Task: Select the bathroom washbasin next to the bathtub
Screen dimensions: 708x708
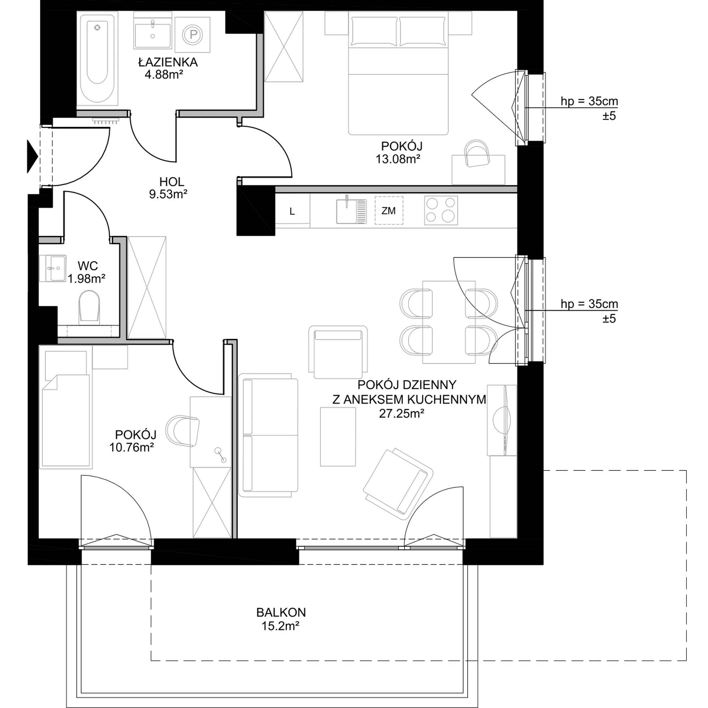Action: pyautogui.click(x=153, y=32)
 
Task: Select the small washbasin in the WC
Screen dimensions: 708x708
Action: pyautogui.click(x=53, y=268)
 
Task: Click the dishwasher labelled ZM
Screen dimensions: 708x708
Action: pyautogui.click(x=388, y=210)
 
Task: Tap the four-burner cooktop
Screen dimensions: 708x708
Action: pyautogui.click(x=441, y=210)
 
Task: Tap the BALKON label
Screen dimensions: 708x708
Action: pyautogui.click(x=281, y=612)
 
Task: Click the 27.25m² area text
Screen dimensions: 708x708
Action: pyautogui.click(x=402, y=414)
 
